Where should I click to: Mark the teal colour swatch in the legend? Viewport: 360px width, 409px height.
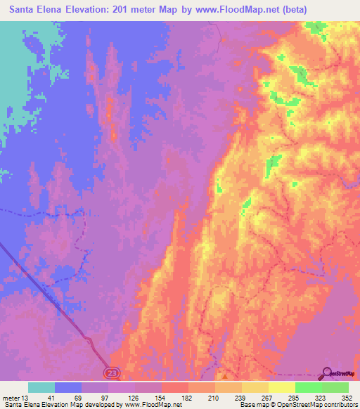41,387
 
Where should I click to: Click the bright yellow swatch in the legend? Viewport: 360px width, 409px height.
281,387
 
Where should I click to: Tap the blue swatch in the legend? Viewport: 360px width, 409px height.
68,387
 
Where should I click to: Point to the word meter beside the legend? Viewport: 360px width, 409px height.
10,398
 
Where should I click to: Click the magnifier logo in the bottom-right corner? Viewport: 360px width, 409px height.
328,374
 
